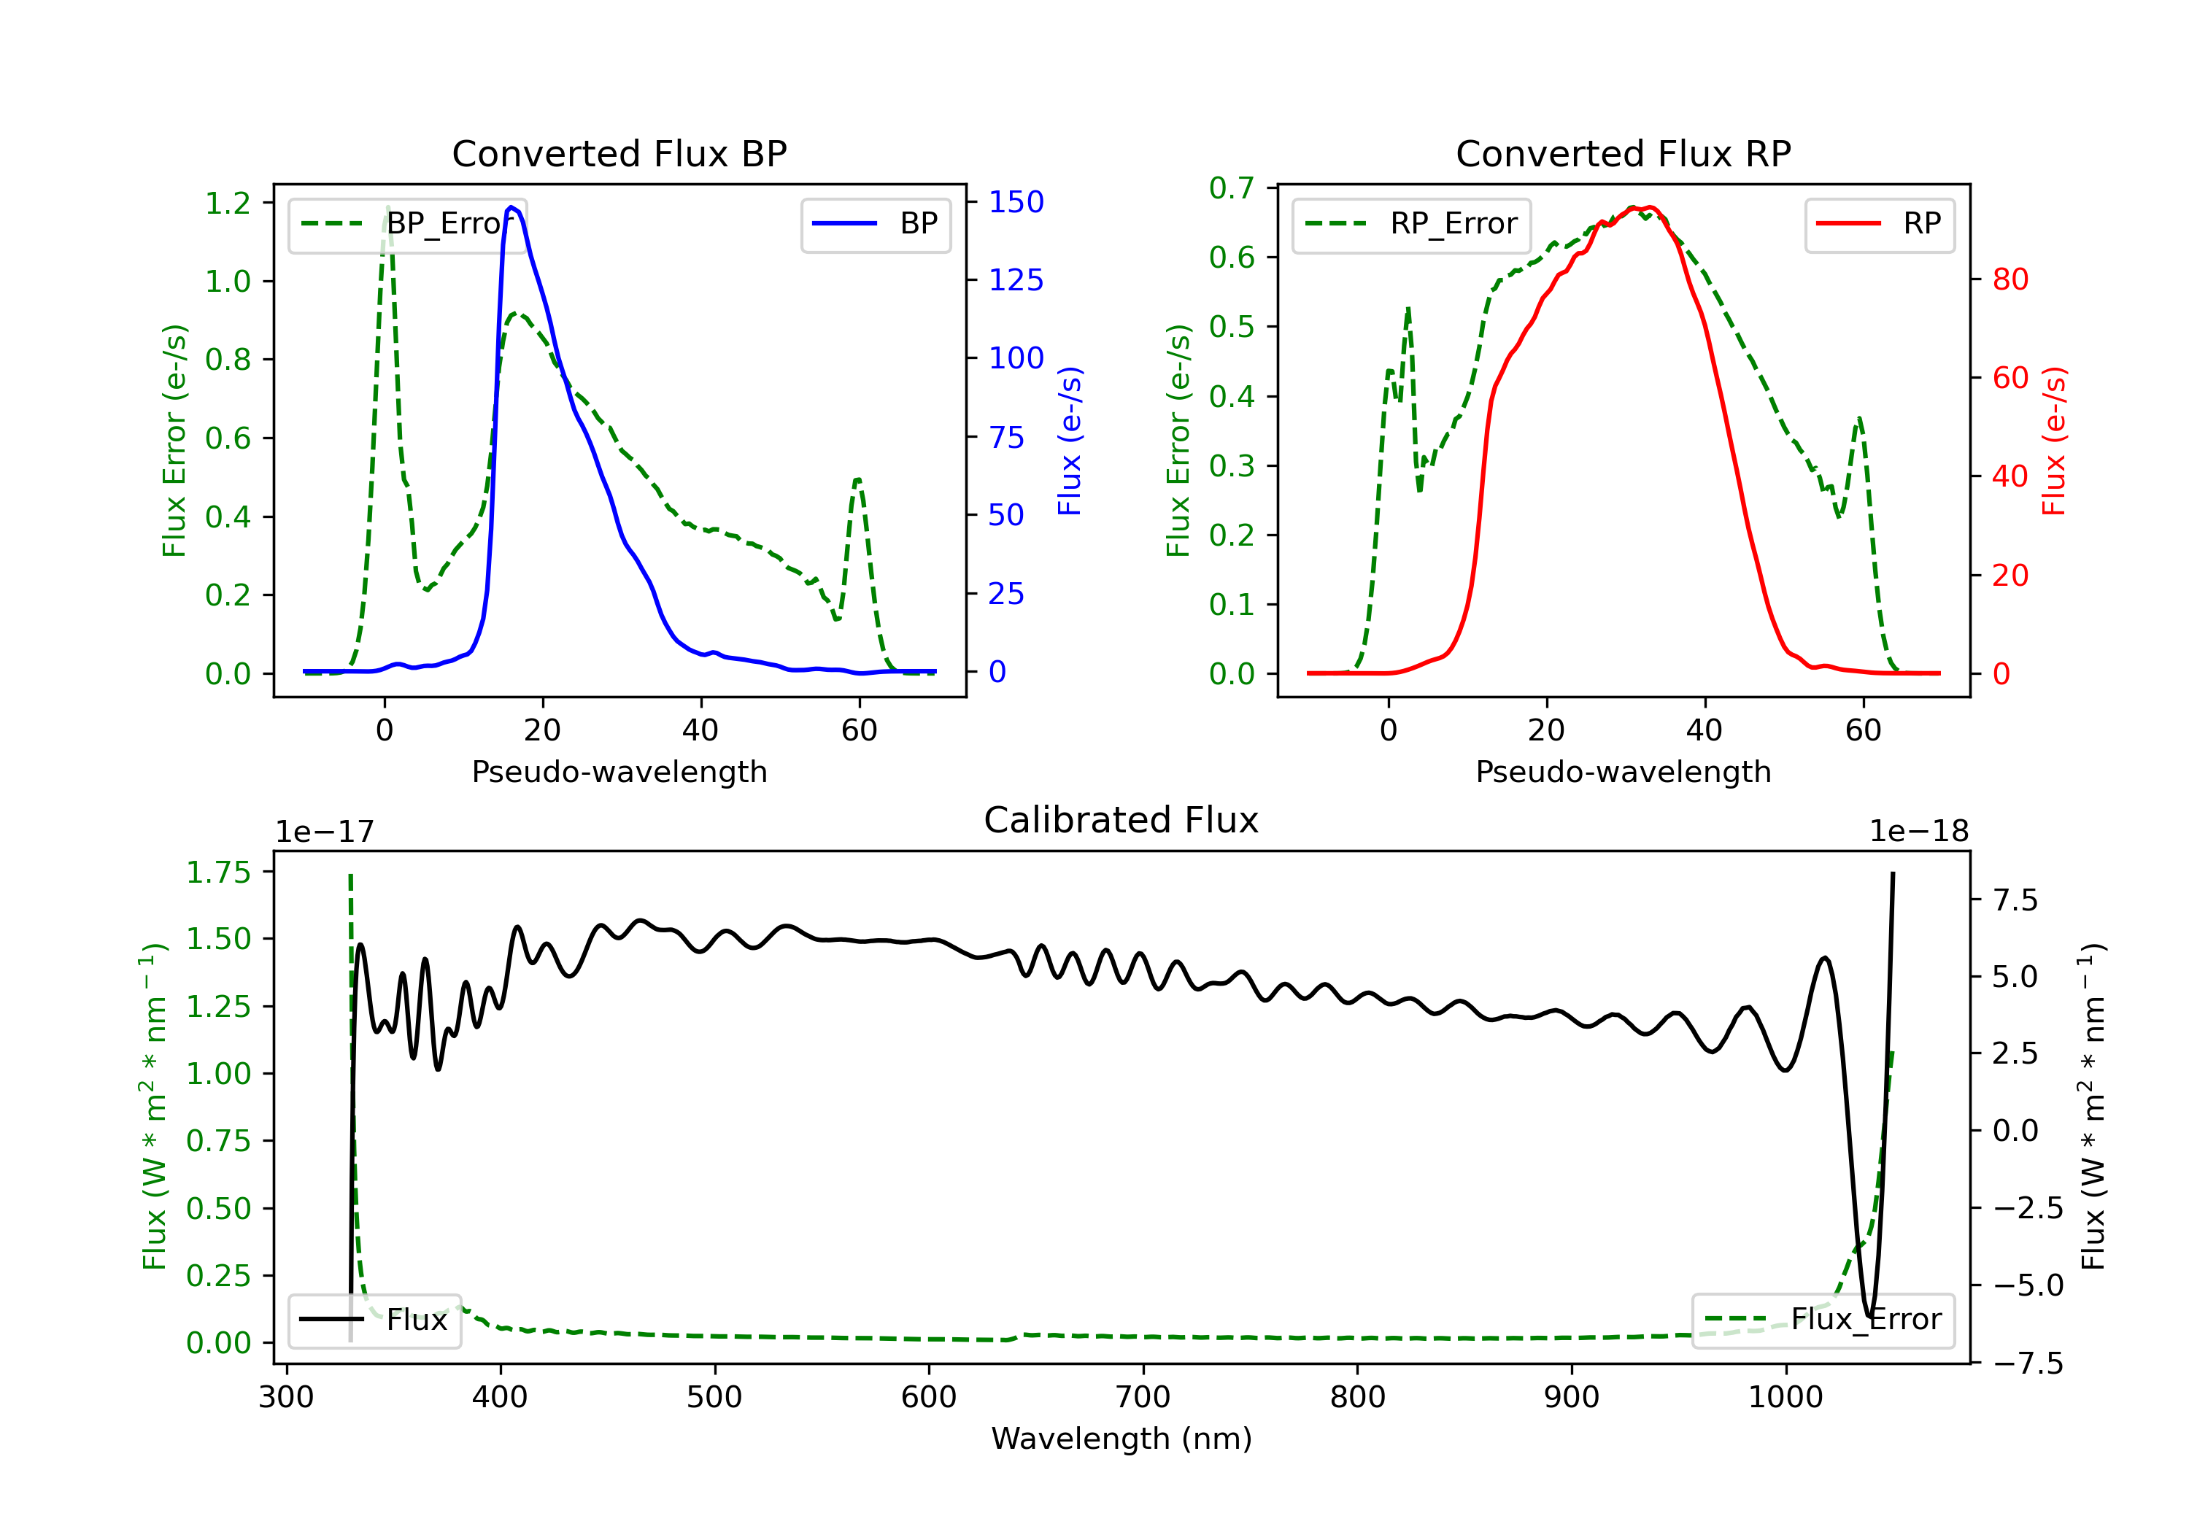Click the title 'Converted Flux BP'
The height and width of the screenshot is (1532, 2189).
coord(619,153)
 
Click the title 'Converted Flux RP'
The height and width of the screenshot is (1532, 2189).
coord(1623,153)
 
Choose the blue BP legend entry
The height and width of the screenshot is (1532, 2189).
coord(875,224)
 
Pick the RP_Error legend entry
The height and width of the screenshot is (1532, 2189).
coord(1411,224)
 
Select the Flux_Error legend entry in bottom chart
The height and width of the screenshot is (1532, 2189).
coord(1822,1320)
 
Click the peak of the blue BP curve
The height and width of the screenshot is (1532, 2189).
coord(512,207)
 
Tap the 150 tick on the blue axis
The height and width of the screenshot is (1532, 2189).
coord(1016,202)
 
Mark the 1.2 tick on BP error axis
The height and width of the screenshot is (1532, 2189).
coord(228,203)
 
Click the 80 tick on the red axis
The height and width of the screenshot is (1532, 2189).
coord(2010,279)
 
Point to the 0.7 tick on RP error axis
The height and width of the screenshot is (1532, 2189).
coord(1232,187)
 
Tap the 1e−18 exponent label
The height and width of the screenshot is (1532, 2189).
coord(1918,832)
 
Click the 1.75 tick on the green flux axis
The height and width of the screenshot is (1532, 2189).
coord(218,873)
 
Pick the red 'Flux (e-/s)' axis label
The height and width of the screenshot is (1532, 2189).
coord(2053,441)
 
